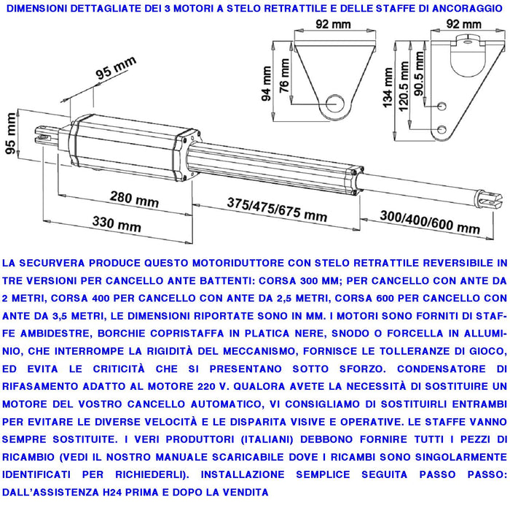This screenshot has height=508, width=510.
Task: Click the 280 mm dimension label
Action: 134,199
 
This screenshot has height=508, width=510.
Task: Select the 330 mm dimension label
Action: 116,224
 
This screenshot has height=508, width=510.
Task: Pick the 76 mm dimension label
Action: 285,82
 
